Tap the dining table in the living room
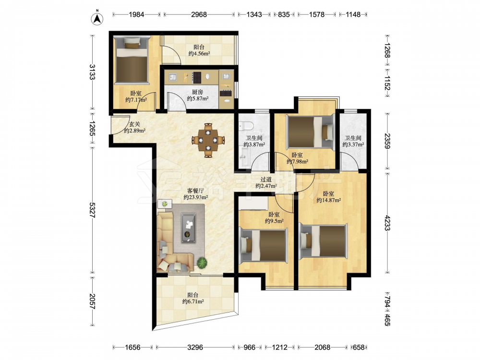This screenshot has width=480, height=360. (x=208, y=141)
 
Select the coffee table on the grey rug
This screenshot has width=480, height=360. (x=189, y=228)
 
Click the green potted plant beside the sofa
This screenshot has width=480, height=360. (x=202, y=263)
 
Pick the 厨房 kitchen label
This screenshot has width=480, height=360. (x=197, y=92)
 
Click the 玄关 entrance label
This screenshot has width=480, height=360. (x=134, y=124)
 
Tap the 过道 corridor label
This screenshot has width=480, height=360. (x=266, y=180)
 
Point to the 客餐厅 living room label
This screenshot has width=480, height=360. (x=196, y=191)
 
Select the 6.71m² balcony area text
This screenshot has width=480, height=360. (x=193, y=301)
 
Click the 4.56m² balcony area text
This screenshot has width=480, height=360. (x=199, y=54)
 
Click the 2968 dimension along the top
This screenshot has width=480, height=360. (x=199, y=14)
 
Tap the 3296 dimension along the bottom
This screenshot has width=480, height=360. (x=195, y=347)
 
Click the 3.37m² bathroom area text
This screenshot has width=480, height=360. (x=353, y=144)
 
